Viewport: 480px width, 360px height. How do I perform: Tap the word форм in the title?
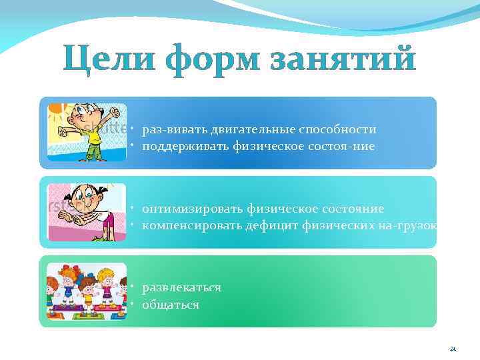212,59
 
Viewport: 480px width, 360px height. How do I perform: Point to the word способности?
340,129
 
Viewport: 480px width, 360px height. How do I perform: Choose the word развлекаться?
181,288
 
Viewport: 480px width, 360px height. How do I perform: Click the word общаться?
171,304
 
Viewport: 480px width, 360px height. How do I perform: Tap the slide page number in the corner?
453,347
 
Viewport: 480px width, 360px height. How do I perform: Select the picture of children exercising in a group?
86,291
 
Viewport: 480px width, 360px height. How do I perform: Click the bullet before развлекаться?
134,287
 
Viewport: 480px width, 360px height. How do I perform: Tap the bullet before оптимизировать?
134,208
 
